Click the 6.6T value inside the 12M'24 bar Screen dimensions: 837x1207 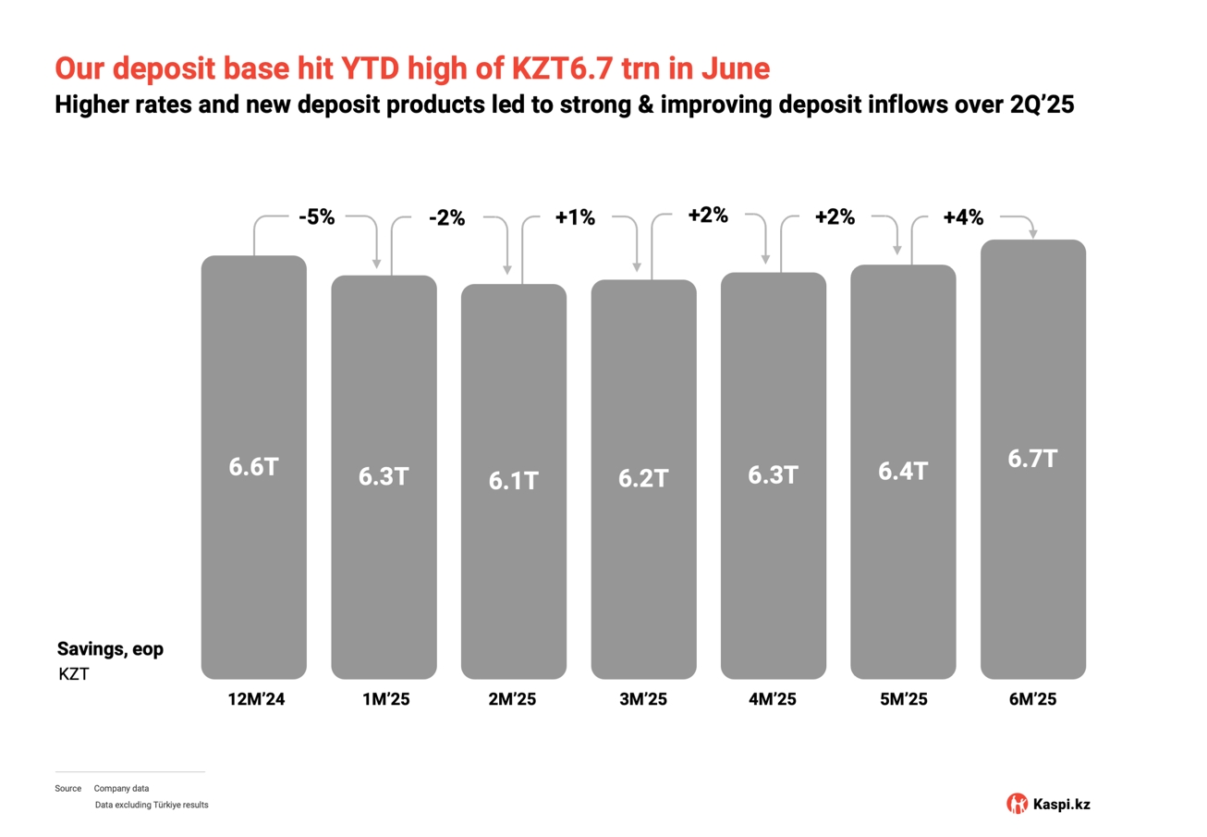[x=253, y=467]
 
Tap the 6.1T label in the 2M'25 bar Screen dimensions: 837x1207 [x=513, y=481]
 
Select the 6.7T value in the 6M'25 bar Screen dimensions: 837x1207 [x=1032, y=459]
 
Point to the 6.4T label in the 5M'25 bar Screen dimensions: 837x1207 [x=902, y=472]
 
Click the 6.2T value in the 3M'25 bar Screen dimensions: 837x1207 [x=643, y=479]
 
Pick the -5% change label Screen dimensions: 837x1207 [x=316, y=218]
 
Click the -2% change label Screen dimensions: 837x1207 [x=446, y=219]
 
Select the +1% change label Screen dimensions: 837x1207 [x=575, y=219]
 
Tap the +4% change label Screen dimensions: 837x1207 [x=963, y=218]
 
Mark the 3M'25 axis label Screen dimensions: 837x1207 [x=643, y=699]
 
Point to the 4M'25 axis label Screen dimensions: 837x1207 [x=773, y=699]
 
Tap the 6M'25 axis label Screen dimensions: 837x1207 [x=1032, y=699]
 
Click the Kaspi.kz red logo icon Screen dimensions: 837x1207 [x=1017, y=804]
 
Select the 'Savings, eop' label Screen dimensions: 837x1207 [x=110, y=649]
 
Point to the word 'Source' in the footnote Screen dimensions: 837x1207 [x=67, y=789]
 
